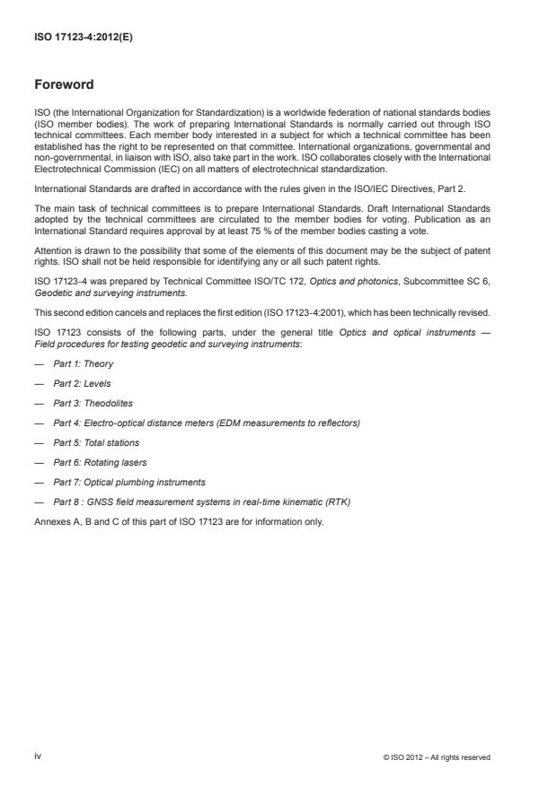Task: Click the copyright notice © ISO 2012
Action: [436, 757]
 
